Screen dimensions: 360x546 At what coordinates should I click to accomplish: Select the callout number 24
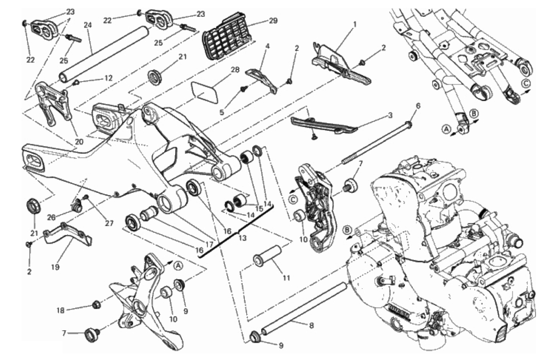87,25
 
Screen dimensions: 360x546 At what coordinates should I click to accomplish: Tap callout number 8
311,326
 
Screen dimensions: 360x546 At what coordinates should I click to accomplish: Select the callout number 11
286,278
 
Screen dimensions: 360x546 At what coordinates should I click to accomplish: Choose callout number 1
355,25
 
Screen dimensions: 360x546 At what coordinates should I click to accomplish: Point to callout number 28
235,70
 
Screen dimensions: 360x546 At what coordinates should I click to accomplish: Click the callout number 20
79,142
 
